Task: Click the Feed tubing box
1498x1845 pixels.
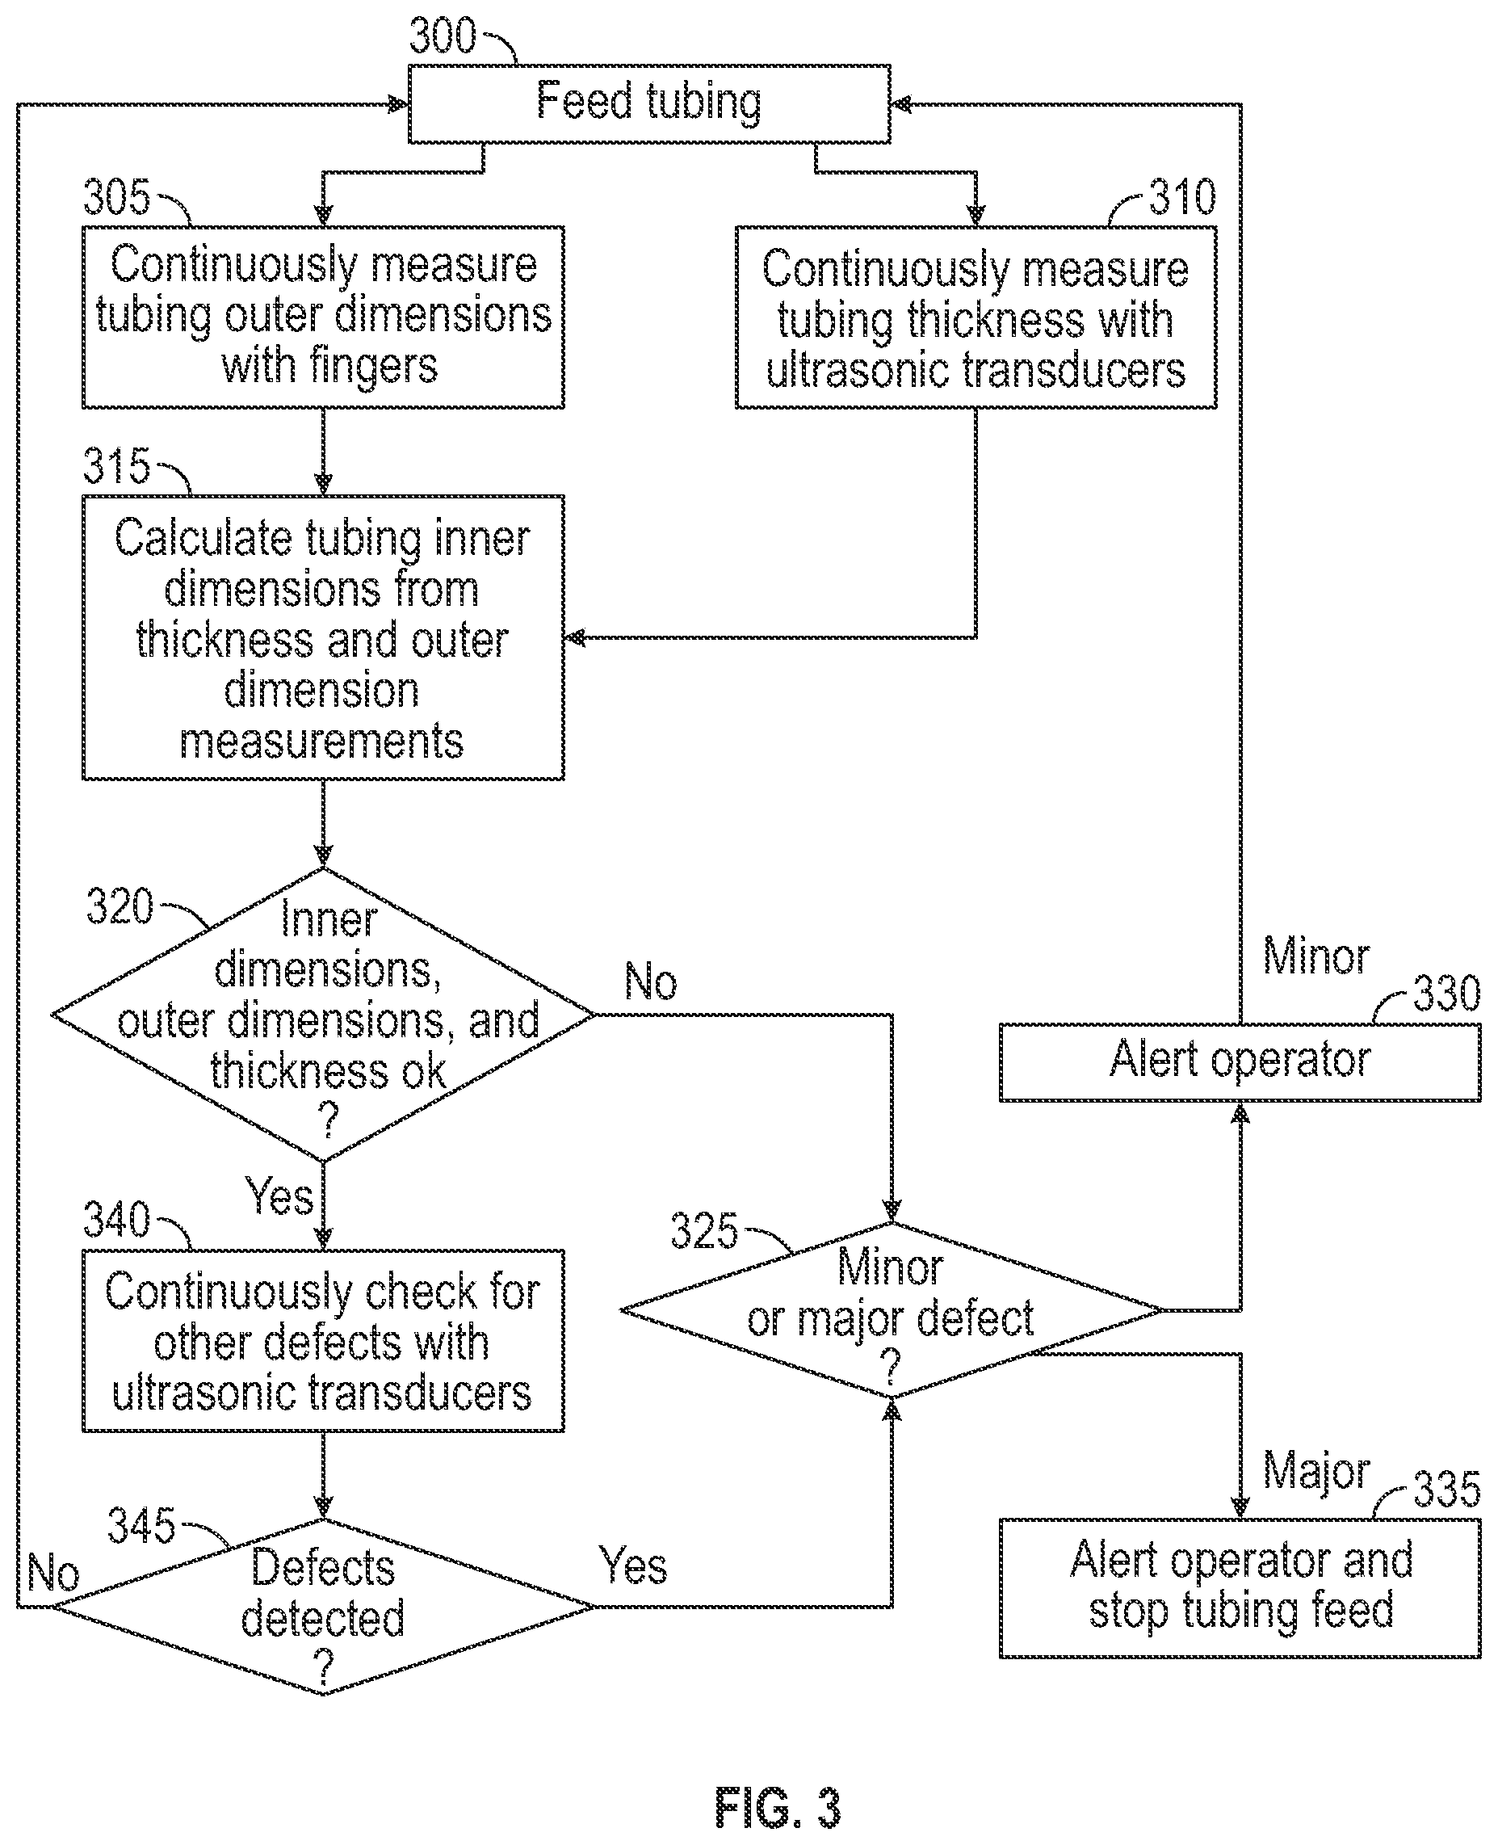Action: (x=649, y=103)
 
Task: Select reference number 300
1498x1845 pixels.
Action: (x=442, y=36)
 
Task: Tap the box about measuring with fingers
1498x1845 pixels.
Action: (x=324, y=317)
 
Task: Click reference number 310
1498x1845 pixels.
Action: (x=1182, y=198)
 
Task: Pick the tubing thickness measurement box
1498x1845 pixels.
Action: (x=976, y=317)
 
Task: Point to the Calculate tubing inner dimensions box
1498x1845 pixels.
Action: (x=324, y=637)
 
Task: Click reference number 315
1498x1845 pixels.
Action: (x=116, y=466)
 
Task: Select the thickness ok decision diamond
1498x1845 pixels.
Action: (x=324, y=1015)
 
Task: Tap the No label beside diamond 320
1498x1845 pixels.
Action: (x=651, y=982)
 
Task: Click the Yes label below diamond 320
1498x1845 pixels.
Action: (x=279, y=1197)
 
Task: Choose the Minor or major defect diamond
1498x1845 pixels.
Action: (x=892, y=1310)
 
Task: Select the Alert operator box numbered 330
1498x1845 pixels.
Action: (x=1240, y=1062)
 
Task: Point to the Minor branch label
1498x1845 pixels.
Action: (x=1316, y=956)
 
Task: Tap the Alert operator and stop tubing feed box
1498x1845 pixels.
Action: (x=1240, y=1589)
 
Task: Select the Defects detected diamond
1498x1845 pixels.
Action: (x=324, y=1607)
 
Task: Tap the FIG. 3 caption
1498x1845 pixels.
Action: (x=778, y=1807)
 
